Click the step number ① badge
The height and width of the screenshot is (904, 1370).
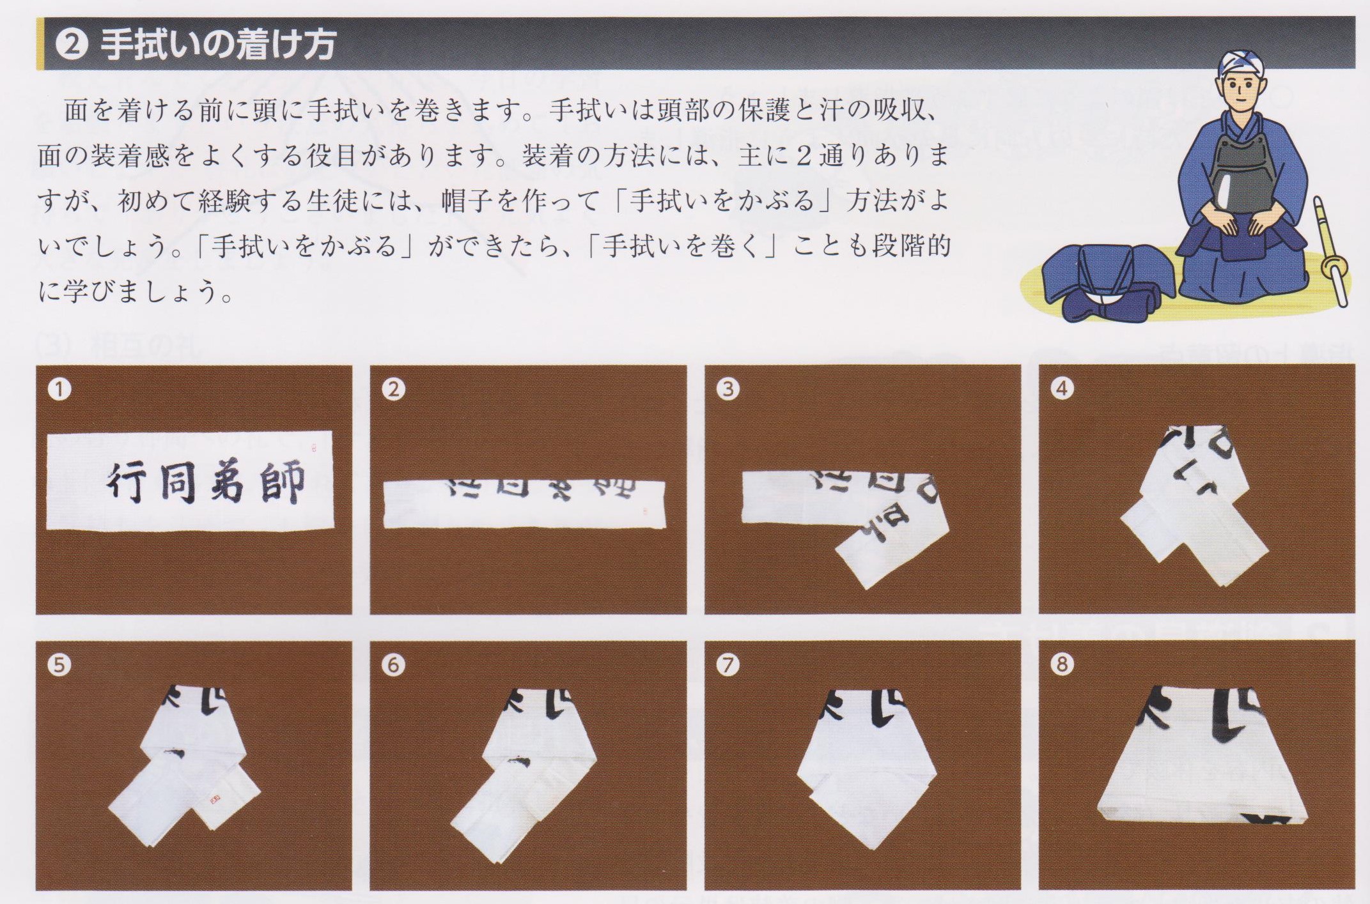(x=59, y=389)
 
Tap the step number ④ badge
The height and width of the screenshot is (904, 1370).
(x=1062, y=388)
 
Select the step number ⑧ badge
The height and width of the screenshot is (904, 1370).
(x=1062, y=665)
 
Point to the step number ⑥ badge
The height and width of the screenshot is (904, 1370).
(x=393, y=665)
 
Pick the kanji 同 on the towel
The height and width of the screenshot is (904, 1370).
(x=179, y=484)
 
